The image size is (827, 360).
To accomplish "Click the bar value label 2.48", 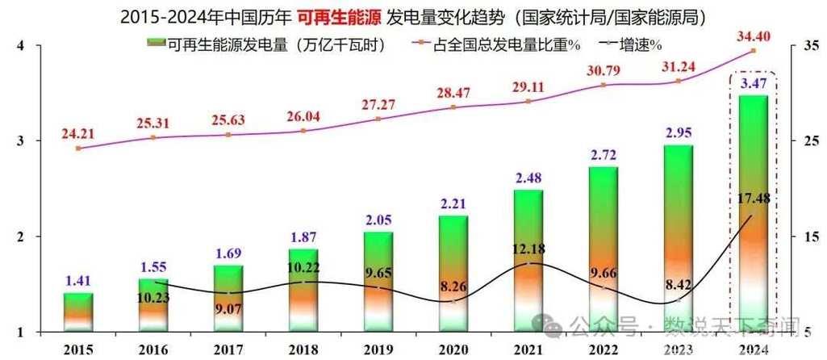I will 528,178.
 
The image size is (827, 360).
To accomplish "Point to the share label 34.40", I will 753,36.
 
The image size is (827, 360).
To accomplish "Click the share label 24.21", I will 78,132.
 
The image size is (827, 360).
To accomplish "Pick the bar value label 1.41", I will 78,283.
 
